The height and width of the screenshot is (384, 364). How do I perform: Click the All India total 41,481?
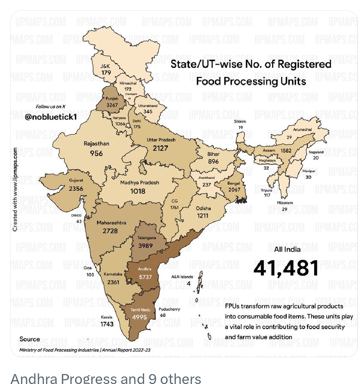(286, 268)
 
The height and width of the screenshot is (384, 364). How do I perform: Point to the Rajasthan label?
(96, 144)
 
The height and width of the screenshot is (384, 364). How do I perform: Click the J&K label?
(105, 66)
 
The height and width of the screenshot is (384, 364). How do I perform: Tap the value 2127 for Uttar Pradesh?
(160, 148)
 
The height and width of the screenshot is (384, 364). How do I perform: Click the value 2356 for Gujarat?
(76, 189)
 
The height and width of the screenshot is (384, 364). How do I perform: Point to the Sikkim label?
(240, 121)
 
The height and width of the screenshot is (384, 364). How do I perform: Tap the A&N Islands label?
(182, 277)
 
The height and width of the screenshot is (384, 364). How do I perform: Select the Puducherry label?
(169, 309)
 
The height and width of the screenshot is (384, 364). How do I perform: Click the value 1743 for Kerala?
(107, 324)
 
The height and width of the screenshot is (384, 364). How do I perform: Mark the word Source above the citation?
(29, 339)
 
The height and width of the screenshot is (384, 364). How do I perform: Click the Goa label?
(88, 268)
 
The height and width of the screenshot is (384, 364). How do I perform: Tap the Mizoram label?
(285, 203)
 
